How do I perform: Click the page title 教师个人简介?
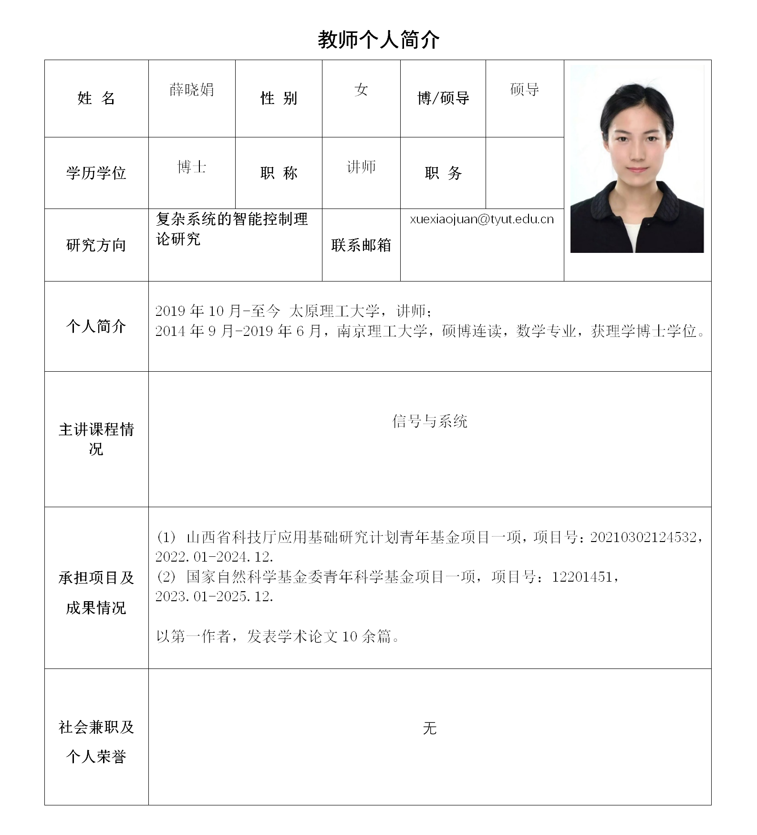point(378,40)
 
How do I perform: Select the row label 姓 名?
point(96,98)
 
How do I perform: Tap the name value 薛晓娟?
point(192,90)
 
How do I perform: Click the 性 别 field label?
point(279,98)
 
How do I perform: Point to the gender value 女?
point(361,90)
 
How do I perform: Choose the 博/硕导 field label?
point(443,98)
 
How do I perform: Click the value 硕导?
point(525,90)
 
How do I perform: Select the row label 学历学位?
point(96,173)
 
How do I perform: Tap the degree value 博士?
point(192,167)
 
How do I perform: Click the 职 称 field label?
point(279,173)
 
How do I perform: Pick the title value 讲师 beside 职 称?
point(361,167)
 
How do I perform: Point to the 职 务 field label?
point(443,173)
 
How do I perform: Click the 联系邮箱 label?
point(361,245)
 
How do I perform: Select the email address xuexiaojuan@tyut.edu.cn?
point(482,219)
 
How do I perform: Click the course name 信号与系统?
point(430,421)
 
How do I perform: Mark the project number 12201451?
point(582,577)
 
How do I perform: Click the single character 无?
point(430,728)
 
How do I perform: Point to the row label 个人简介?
point(96,326)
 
